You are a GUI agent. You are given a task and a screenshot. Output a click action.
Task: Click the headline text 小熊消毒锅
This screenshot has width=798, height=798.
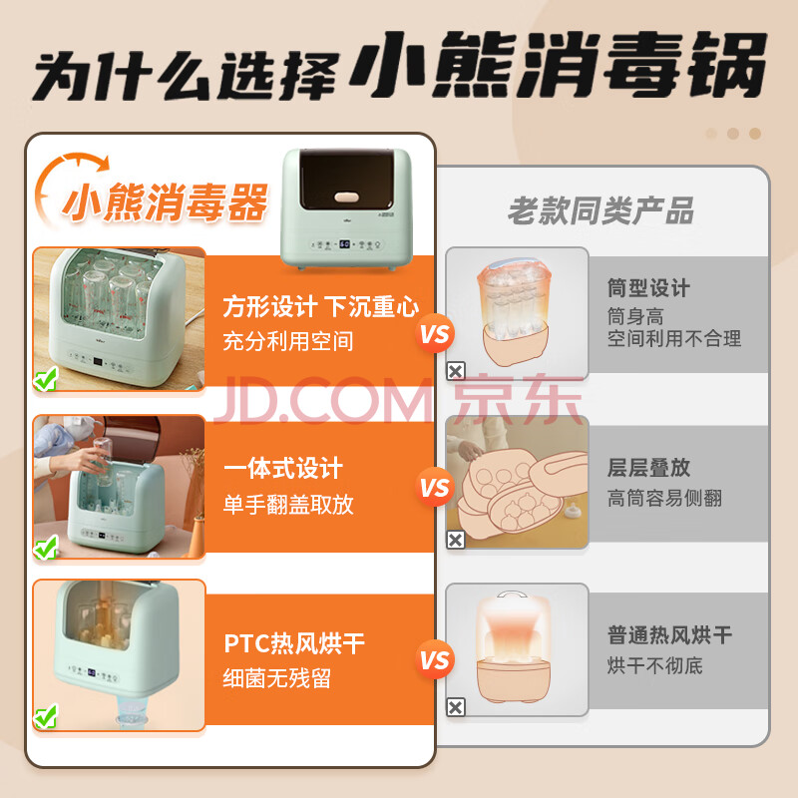[x=560, y=65]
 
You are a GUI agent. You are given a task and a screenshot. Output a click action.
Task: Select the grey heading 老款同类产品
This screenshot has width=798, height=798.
[x=601, y=210]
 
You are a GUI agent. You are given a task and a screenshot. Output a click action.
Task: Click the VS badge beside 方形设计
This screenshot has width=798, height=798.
[x=435, y=334]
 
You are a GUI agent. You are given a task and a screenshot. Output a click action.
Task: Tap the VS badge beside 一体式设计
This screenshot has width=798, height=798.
[x=435, y=487]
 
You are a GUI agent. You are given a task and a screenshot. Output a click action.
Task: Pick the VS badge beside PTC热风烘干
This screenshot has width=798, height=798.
[x=435, y=660]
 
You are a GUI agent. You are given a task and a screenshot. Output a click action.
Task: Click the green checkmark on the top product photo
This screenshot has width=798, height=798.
[x=46, y=379]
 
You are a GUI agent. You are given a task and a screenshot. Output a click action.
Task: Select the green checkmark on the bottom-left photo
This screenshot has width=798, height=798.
[x=46, y=716]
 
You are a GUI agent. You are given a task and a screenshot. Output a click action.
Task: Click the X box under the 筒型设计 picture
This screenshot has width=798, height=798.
[x=456, y=371]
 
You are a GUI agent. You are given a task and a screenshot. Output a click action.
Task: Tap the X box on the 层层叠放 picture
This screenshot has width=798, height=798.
[x=456, y=540]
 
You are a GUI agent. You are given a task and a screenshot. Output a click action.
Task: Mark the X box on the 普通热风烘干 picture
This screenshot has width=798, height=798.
[x=456, y=707]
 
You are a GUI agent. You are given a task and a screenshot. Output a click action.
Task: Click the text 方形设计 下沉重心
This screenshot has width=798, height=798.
[x=321, y=307]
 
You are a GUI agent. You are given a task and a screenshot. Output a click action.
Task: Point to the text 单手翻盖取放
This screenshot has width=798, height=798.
[x=288, y=505]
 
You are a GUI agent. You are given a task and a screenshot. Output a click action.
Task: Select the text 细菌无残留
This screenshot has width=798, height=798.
[x=277, y=678]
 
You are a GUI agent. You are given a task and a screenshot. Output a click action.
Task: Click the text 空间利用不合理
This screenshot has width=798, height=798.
[x=674, y=338]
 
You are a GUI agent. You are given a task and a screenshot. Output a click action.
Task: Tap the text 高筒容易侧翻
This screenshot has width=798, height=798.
[x=664, y=498]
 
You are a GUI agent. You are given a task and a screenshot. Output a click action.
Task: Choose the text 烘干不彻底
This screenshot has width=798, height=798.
[x=654, y=665]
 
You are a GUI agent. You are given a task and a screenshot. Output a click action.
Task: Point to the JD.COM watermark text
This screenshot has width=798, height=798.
[x=322, y=401]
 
